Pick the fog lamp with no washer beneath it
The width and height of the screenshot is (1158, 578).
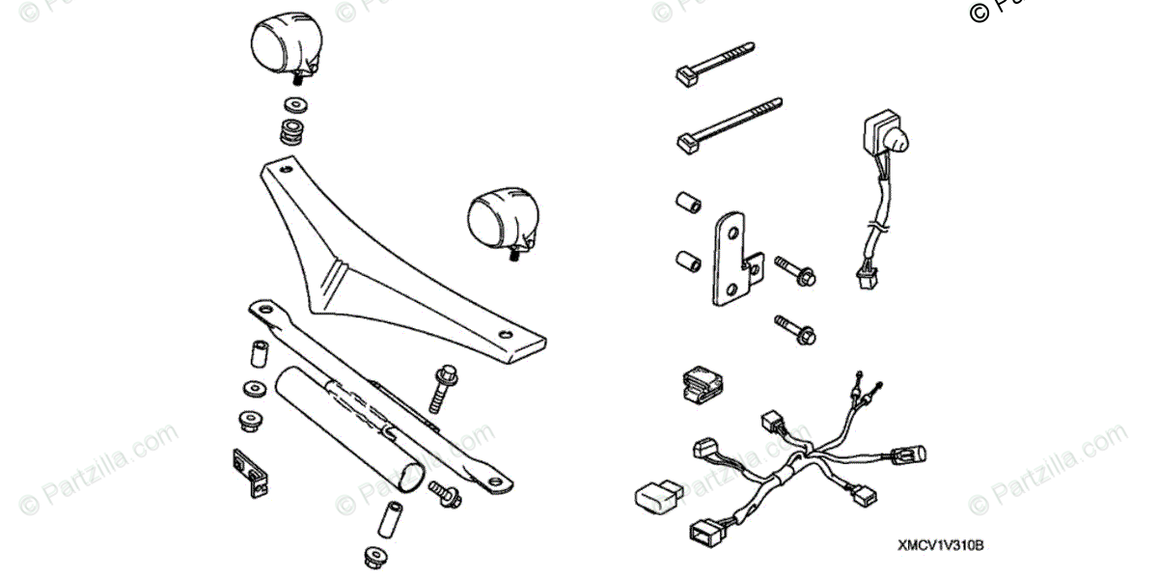coord(500,219)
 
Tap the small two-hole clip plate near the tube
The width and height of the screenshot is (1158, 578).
coord(250,473)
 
